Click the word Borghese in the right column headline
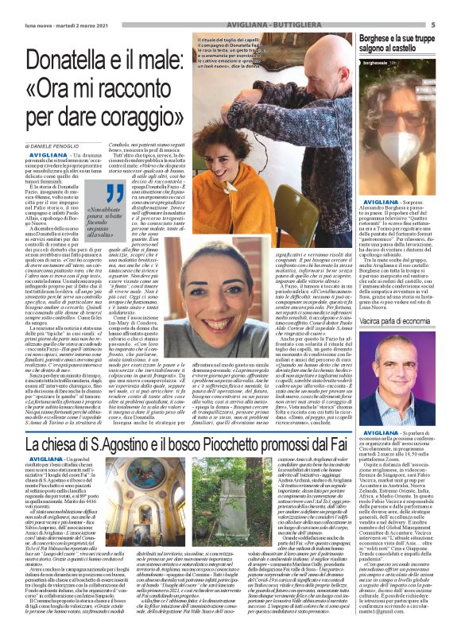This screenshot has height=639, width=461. coord(378,37)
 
